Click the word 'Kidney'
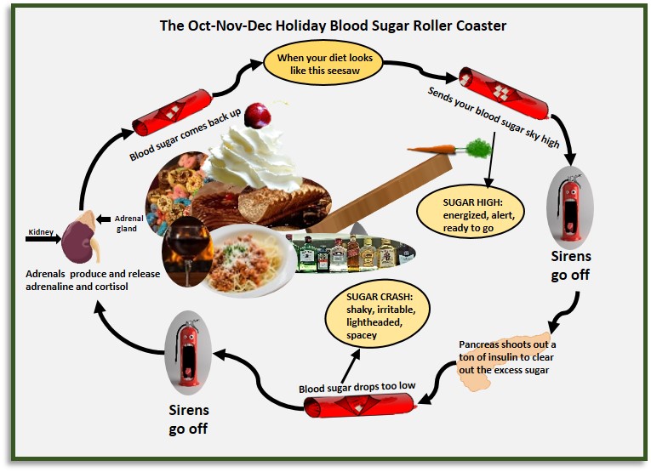coord(40,231)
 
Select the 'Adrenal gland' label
coord(128,223)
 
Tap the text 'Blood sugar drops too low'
coord(357,388)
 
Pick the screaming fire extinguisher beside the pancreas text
coord(569,204)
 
